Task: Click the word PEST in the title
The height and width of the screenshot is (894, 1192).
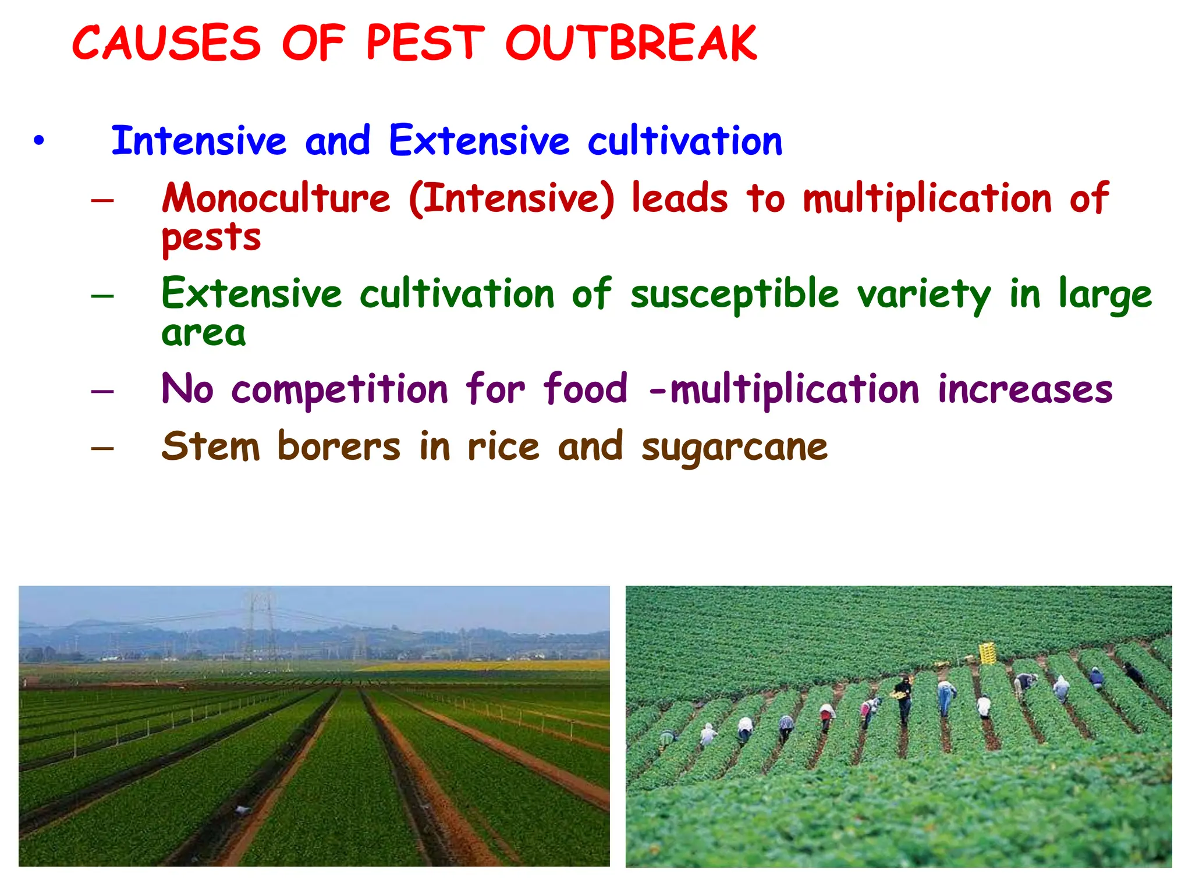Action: tap(425, 44)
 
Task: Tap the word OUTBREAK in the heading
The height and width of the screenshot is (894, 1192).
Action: tap(631, 44)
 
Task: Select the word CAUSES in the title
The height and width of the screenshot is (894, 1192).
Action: tap(166, 44)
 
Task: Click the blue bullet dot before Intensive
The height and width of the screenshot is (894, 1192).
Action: tap(38, 141)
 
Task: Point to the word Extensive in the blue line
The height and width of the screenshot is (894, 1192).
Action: tap(479, 141)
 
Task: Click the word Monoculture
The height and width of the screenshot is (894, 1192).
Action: tap(276, 198)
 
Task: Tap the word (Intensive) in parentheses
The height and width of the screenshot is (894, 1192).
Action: tap(512, 198)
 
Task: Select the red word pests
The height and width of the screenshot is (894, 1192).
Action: tap(211, 239)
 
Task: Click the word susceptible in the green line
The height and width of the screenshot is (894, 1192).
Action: tap(735, 294)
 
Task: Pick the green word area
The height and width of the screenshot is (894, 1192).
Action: tap(204, 334)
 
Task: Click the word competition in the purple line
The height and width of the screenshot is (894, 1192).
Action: tap(340, 389)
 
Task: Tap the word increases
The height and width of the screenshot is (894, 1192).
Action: tap(1025, 389)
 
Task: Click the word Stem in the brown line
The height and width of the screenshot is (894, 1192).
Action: tap(211, 446)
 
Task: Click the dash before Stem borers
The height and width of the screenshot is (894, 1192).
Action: tap(102, 448)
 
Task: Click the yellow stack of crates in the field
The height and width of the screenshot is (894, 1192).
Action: tap(987, 653)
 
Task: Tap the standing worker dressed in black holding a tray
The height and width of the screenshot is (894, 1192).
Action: tap(903, 698)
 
